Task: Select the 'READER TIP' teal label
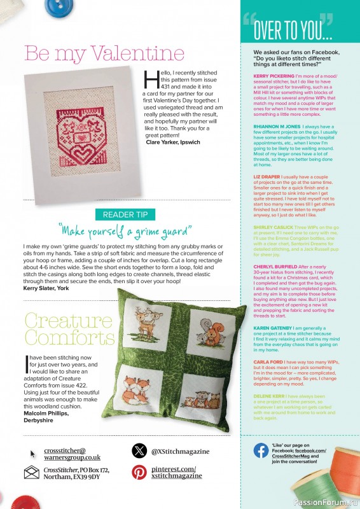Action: point(125,214)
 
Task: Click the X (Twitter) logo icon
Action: point(139,451)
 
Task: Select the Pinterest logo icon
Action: point(139,473)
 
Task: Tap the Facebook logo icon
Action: point(261,451)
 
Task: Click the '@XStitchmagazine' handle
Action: point(180,451)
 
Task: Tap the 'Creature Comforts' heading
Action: point(60,328)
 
